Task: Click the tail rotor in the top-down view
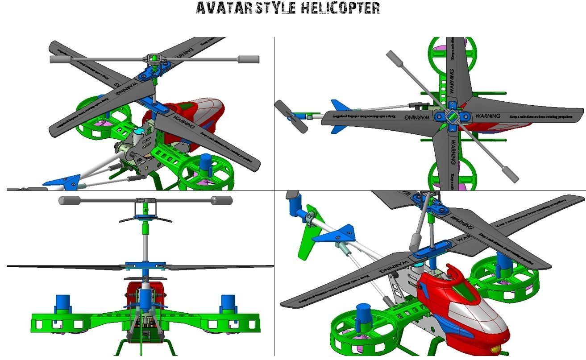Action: [291, 116]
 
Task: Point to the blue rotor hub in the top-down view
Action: [452, 117]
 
